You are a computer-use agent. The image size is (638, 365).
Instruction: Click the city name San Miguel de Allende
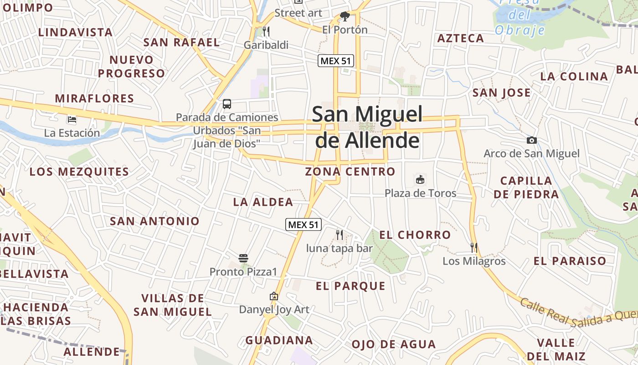[367, 127]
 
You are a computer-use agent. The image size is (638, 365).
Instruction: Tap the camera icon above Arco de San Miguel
[531, 140]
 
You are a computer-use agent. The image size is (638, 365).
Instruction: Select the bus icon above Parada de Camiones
[227, 104]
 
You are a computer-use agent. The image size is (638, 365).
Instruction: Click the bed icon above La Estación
[72, 120]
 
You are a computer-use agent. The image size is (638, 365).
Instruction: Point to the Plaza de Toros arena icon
[420, 180]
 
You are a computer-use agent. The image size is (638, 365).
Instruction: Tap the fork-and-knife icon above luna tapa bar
[340, 235]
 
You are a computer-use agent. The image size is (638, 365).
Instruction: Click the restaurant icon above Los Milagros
[474, 248]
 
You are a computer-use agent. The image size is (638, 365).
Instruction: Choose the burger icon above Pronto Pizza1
[243, 258]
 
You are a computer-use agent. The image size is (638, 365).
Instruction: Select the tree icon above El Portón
[345, 17]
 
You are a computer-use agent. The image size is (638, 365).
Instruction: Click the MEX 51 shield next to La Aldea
[304, 224]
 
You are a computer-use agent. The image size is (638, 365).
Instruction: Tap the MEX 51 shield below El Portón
[336, 61]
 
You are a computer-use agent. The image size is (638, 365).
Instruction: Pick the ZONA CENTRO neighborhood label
[350, 172]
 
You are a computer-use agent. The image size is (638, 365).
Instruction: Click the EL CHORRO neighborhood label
[415, 235]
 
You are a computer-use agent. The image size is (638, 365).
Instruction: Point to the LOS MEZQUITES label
[79, 172]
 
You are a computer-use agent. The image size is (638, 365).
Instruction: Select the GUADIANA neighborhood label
[279, 340]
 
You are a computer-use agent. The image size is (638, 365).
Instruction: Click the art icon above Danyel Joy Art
[274, 297]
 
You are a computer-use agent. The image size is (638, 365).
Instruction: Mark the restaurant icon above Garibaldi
[266, 31]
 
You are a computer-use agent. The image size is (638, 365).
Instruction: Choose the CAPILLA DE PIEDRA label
[526, 188]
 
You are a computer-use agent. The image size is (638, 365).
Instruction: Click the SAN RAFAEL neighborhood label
[181, 42]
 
